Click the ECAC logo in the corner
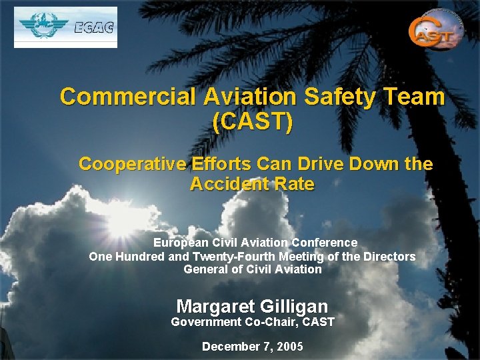(65, 27)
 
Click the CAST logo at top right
(435, 30)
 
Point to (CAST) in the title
(252, 121)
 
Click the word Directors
(389, 257)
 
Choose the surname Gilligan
(295, 307)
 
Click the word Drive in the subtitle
(312, 164)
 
